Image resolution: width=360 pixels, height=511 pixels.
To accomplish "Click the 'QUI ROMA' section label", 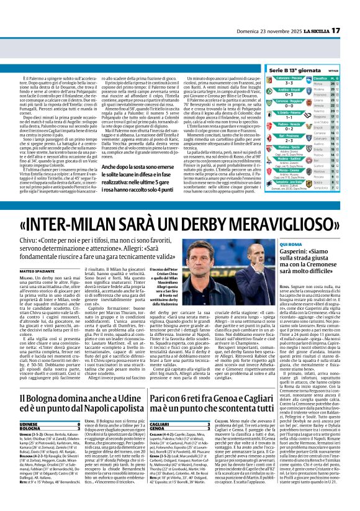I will [x=281, y=245].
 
